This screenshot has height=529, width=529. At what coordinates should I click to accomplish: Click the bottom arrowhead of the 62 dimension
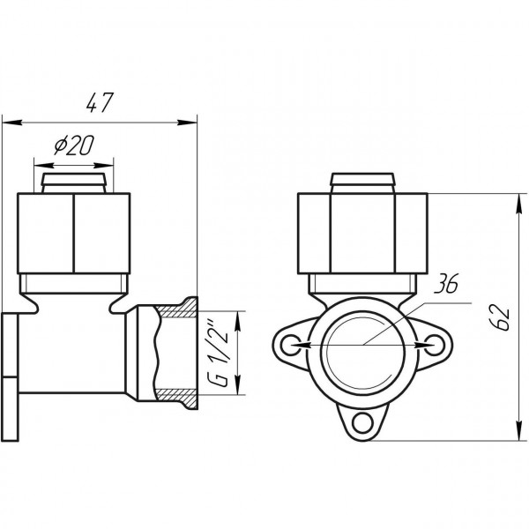[x=516, y=435]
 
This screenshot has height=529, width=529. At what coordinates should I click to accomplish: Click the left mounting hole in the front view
[x=294, y=344]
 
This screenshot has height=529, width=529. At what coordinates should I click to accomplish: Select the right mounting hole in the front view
[x=432, y=344]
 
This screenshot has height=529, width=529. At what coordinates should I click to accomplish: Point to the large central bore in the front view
[x=363, y=346]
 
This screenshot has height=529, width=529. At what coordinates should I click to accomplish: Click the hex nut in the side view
[x=74, y=233]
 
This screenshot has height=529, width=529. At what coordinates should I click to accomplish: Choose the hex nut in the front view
[x=363, y=233]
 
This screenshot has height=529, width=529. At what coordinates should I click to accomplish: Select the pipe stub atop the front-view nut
[x=363, y=183]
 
